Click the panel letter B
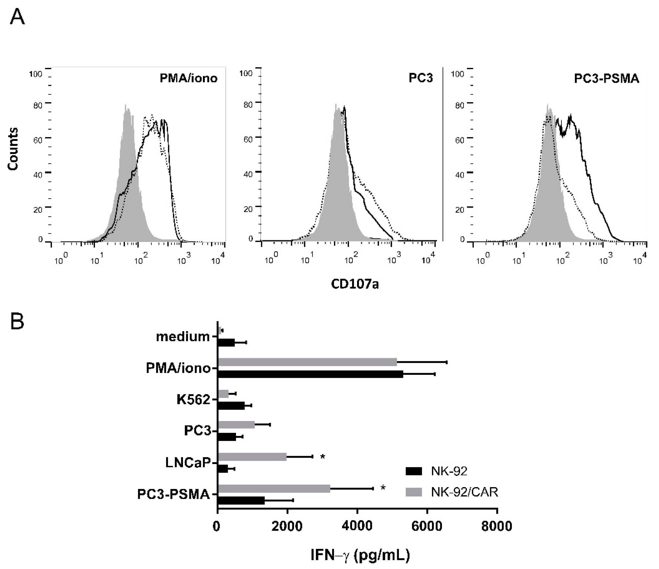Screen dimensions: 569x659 [17, 322]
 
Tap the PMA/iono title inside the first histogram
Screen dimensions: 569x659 [188, 78]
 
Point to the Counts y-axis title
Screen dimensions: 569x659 [13, 149]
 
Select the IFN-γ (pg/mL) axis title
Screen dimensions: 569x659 [360, 555]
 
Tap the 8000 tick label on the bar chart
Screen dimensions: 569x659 [496, 526]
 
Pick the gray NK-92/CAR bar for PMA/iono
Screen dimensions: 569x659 [307, 362]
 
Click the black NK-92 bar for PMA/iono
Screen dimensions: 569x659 [310, 374]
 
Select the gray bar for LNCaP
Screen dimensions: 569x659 [252, 457]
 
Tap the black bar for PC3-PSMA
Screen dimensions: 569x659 [241, 500]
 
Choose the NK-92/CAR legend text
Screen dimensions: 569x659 [464, 492]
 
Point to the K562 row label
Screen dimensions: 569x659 [193, 400]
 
